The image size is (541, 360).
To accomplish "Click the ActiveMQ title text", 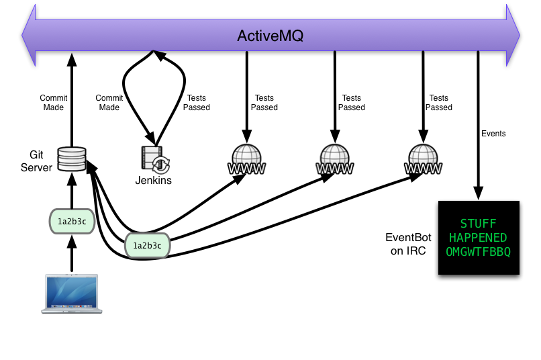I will click(x=270, y=36).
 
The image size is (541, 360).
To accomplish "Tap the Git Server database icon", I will click(x=72, y=159).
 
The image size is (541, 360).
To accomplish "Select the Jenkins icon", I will click(x=155, y=159).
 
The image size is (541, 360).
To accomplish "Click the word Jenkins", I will click(x=154, y=180).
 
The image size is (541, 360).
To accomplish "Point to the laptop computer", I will click(x=72, y=294).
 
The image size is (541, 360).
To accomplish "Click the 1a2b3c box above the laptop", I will click(x=72, y=221).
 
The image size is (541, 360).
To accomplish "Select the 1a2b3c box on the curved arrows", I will click(x=147, y=246).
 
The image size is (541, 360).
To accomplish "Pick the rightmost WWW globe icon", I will click(x=423, y=160).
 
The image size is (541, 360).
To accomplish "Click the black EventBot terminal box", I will click(x=478, y=238).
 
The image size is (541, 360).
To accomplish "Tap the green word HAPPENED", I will click(x=478, y=238).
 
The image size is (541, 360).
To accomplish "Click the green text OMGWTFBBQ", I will click(x=478, y=252).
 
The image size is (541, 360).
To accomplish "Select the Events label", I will click(x=493, y=134).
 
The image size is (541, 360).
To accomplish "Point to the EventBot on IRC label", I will click(x=405, y=244).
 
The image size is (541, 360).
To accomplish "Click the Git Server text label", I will click(x=36, y=161).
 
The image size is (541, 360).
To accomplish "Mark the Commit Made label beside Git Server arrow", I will click(x=52, y=103).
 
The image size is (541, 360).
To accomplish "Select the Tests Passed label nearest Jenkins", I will click(x=197, y=103).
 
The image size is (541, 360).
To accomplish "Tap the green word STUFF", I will click(x=478, y=223).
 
